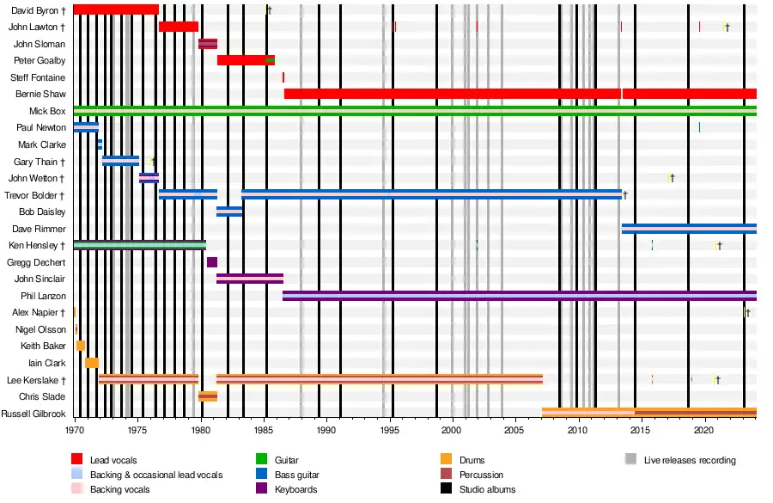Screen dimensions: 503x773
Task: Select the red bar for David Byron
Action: click(116, 9)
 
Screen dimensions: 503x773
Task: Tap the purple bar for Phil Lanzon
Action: click(515, 296)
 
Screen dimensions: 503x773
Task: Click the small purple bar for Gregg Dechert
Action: click(212, 262)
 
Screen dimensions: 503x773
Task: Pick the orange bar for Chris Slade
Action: click(207, 396)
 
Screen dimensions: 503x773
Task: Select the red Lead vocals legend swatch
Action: click(76, 460)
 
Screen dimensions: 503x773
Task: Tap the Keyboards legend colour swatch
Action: click(263, 489)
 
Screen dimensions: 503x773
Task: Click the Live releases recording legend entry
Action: click(690, 460)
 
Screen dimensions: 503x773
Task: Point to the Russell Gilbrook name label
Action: click(33, 414)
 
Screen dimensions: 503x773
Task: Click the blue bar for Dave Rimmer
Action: click(687, 229)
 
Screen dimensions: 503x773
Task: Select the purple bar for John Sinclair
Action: click(249, 279)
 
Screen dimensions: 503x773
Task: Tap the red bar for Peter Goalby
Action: click(245, 60)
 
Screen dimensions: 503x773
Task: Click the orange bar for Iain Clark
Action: click(92, 363)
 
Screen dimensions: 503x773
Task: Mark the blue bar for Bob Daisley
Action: click(229, 212)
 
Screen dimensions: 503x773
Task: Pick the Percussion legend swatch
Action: click(445, 475)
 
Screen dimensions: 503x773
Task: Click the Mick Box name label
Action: click(47, 111)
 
